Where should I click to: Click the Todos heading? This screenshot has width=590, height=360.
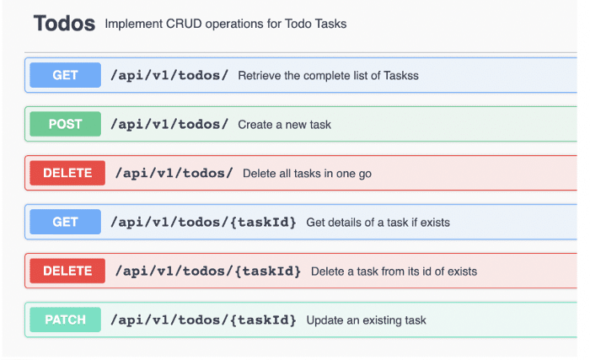[x=64, y=24]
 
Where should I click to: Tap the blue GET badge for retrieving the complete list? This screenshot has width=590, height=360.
[x=66, y=75]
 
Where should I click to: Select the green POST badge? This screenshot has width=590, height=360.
[x=66, y=124]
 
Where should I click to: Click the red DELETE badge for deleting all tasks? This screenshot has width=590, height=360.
[x=67, y=173]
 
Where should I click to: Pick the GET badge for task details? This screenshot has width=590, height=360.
[x=66, y=222]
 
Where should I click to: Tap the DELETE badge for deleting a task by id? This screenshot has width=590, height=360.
[x=67, y=271]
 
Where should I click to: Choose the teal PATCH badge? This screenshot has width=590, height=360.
[x=66, y=320]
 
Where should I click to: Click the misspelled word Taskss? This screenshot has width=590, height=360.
[x=401, y=75]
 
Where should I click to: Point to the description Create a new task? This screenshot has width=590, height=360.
[x=285, y=124]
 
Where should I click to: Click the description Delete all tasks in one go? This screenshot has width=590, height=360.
[x=307, y=174]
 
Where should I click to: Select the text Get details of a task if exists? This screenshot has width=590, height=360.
[x=378, y=223]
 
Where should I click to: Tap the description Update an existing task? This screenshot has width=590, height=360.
[x=366, y=320]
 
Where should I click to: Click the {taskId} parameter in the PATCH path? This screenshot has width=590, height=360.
[x=263, y=320]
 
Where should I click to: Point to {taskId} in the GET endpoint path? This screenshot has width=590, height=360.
[x=263, y=223]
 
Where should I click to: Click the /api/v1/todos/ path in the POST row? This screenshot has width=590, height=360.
[x=169, y=124]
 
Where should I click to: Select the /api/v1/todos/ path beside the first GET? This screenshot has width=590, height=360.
[x=169, y=75]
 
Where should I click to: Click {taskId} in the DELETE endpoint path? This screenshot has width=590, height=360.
[x=267, y=271]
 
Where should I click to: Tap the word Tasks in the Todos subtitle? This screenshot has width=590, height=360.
[x=330, y=24]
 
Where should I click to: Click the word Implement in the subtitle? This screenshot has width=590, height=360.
[x=133, y=24]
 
